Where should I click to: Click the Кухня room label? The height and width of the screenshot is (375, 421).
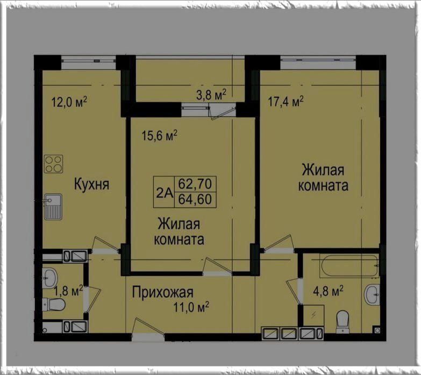pos(91,185)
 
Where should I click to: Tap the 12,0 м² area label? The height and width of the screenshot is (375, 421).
pos(69,102)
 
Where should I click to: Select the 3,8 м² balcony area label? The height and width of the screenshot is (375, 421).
pos(211,95)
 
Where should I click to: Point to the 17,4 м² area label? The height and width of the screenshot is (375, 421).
pos(286,102)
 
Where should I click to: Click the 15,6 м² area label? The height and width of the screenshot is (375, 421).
pos(160,136)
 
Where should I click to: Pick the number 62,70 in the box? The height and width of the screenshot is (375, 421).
pos(195,184)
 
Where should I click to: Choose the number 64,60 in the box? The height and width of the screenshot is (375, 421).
pos(195,199)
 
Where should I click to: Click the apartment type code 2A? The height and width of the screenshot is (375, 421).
pos(165,193)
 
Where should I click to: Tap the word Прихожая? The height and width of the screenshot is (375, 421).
pos(163,293)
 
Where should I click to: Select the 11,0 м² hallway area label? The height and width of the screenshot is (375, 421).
pos(191,307)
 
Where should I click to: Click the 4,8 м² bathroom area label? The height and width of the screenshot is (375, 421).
pos(329,291)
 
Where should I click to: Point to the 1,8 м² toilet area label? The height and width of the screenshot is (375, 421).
pos(68,292)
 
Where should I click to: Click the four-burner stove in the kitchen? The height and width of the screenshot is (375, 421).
pos(53,164)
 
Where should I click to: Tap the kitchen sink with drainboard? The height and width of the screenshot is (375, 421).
pos(53,207)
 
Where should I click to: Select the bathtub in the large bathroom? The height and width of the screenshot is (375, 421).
pos(349,265)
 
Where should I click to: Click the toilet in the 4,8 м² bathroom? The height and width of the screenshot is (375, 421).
pos(342,322)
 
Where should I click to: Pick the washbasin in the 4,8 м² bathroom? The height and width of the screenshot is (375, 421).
pos(372,294)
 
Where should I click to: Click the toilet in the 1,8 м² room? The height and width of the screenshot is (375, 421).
pos(54,304)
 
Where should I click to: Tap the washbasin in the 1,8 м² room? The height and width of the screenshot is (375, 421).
pos(50,278)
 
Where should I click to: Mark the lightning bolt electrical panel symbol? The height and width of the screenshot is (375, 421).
pos(313,315)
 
